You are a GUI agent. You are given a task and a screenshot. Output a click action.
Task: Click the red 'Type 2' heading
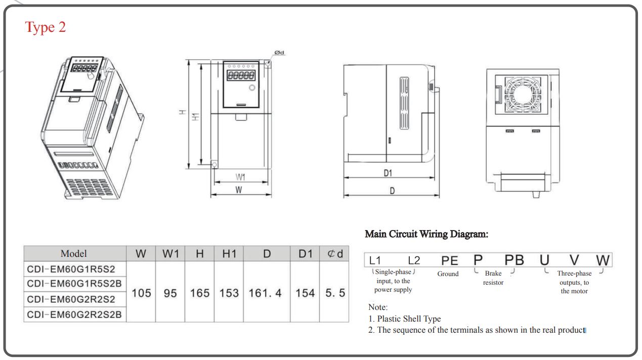[46, 27]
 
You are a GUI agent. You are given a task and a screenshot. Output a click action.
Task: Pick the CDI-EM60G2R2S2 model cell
[71, 299]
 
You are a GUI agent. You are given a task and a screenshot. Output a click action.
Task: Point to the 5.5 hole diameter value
[334, 292]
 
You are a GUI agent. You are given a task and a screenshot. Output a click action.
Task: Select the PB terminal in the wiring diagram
[514, 260]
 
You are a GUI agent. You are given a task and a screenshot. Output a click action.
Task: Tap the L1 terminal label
[375, 260]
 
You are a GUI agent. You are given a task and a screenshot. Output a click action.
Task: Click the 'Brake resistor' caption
[493, 278]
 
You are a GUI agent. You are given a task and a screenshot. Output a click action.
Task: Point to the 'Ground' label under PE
[448, 274]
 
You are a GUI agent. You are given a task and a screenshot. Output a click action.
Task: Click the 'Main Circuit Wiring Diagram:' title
[426, 234]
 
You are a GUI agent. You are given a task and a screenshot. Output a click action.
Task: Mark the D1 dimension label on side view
[388, 173]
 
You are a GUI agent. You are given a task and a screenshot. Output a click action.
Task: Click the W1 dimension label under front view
[240, 177]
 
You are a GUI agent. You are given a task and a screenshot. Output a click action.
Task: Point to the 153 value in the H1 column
[229, 292]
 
